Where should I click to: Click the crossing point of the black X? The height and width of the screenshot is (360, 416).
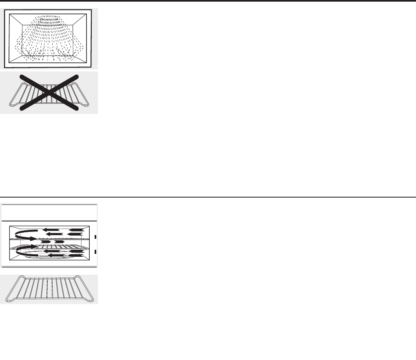(x=49, y=93)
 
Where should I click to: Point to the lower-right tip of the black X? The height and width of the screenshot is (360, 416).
(x=76, y=109)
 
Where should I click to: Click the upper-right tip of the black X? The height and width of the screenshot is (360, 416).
(x=77, y=76)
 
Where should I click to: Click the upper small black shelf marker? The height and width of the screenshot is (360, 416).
(x=95, y=237)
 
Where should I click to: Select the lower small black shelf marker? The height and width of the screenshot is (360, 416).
(x=95, y=252)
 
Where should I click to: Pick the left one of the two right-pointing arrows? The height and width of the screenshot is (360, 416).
(x=46, y=242)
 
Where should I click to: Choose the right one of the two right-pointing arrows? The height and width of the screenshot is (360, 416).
(x=59, y=242)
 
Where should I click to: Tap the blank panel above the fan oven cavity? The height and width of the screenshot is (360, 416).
(x=49, y=212)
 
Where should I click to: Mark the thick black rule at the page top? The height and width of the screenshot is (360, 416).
(x=208, y=2)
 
